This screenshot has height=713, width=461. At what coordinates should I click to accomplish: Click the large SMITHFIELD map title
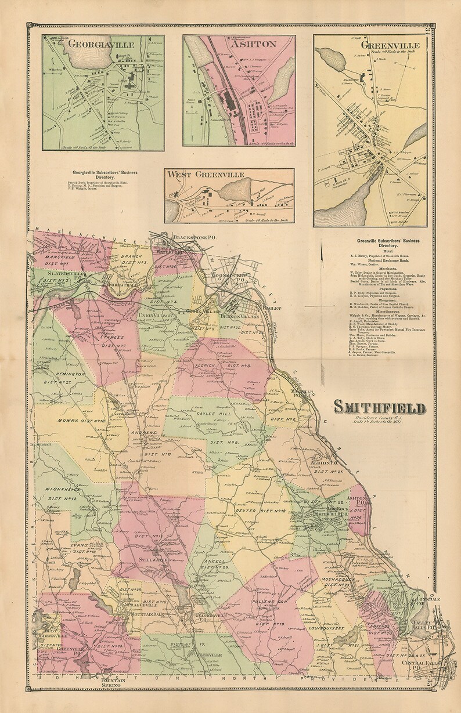click(x=379, y=408)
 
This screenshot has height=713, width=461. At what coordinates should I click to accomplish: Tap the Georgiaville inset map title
click(x=102, y=44)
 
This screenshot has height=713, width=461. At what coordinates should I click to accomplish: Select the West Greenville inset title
click(x=204, y=174)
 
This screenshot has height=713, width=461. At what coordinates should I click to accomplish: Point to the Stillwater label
click(x=153, y=559)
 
